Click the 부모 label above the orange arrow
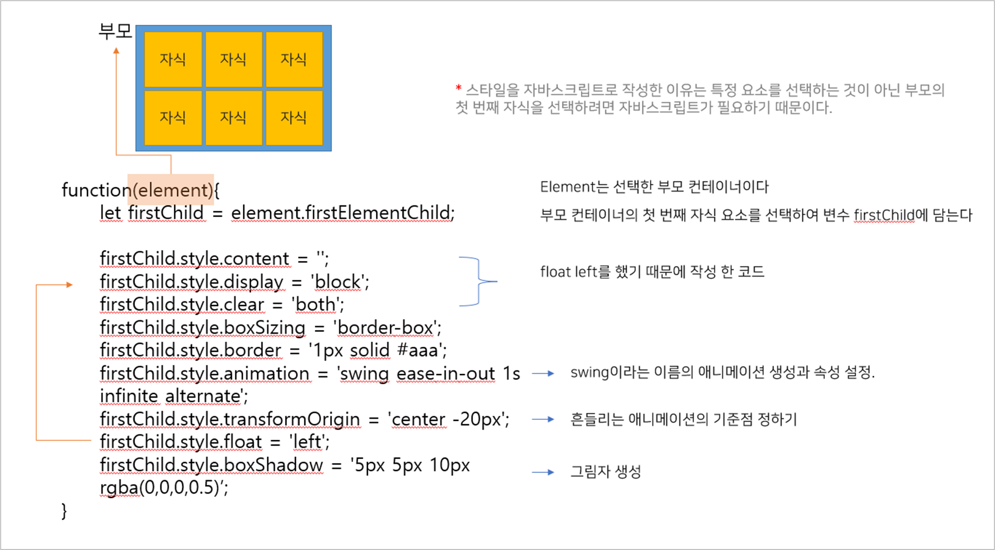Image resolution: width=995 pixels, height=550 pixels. click(x=115, y=31)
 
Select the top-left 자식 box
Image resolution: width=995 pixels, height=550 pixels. click(x=173, y=59)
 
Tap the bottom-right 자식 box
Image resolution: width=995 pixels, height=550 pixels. click(x=294, y=118)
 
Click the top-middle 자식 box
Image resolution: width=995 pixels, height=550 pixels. click(x=233, y=59)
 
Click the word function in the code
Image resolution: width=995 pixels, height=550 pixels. click(x=96, y=190)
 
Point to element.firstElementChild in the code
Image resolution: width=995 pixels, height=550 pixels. click(x=342, y=213)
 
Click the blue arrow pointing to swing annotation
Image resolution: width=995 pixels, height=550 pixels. click(x=543, y=374)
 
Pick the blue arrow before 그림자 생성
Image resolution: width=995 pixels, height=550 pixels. click(x=543, y=472)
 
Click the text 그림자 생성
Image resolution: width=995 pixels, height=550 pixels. click(x=606, y=471)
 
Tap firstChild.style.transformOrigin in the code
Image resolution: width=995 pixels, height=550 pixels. click(x=229, y=419)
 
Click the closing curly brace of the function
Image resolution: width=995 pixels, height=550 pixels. click(x=64, y=510)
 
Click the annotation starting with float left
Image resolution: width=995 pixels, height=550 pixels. click(x=652, y=272)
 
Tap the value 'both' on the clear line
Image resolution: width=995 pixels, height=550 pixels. click(x=317, y=305)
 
